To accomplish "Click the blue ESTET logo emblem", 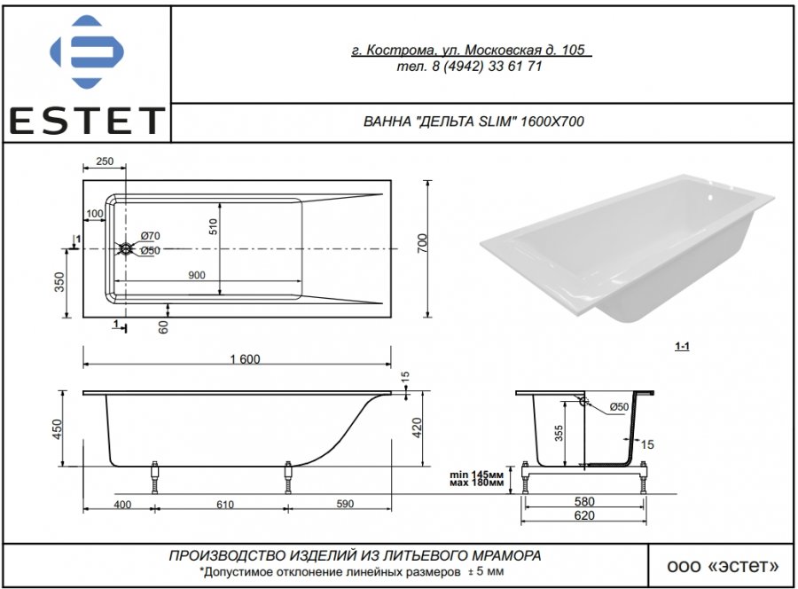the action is pyautogui.click(x=87, y=52).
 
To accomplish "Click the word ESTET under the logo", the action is pyautogui.click(x=87, y=121).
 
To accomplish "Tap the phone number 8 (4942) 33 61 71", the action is pyautogui.click(x=488, y=67).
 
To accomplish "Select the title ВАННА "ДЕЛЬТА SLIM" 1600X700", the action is pyautogui.click(x=473, y=122).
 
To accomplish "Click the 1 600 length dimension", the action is pyautogui.click(x=245, y=359).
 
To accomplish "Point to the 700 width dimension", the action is pyautogui.click(x=422, y=244).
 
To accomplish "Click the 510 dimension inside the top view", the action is pyautogui.click(x=213, y=226).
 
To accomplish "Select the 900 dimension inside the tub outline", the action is pyautogui.click(x=197, y=275).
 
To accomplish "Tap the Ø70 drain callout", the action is pyautogui.click(x=151, y=236).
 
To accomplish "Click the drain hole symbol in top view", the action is pyautogui.click(x=125, y=249).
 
